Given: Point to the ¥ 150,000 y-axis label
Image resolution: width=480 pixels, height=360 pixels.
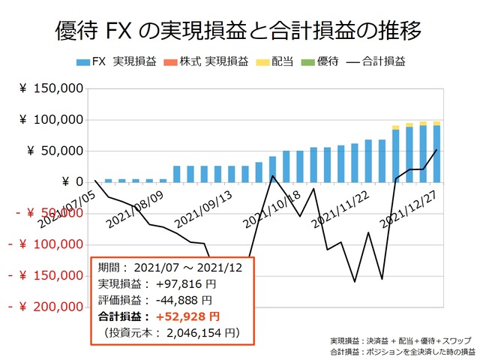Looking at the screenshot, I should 51,88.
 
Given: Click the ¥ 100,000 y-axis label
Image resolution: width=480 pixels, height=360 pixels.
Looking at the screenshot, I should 51,120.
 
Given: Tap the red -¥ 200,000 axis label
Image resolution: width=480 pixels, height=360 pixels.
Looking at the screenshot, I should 45,307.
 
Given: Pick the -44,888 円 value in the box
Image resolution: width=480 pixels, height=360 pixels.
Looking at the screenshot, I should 184,300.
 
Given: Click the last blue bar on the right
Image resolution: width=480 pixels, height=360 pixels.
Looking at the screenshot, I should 436,153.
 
